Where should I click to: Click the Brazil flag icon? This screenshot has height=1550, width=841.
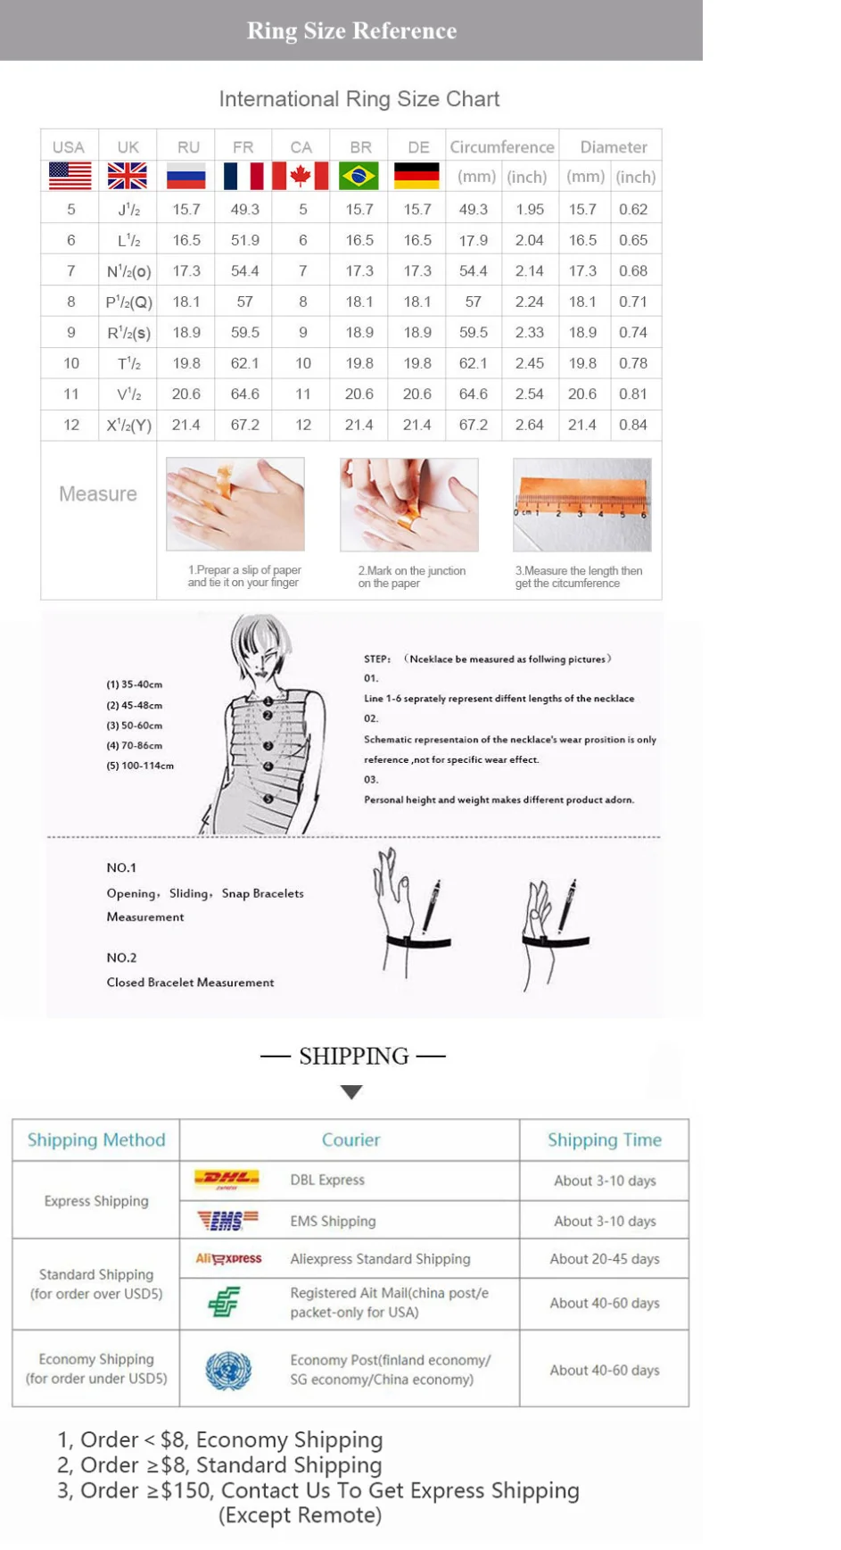pyautogui.click(x=359, y=176)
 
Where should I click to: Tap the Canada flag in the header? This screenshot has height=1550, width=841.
pyautogui.click(x=301, y=176)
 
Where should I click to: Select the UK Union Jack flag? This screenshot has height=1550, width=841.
pyautogui.click(x=128, y=176)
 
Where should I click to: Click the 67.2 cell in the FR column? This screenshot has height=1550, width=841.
pyautogui.click(x=244, y=425)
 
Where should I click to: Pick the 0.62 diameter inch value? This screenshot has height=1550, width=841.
pyautogui.click(x=633, y=209)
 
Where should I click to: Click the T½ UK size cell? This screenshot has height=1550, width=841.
pyautogui.click(x=128, y=363)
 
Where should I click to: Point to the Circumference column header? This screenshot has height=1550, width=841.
pyautogui.click(x=501, y=147)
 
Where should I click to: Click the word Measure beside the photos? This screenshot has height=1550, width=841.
pyautogui.click(x=98, y=493)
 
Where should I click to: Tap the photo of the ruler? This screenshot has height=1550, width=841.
pyautogui.click(x=581, y=504)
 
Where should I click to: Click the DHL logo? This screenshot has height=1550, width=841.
pyautogui.click(x=227, y=1180)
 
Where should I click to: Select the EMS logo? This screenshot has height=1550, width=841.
pyautogui.click(x=227, y=1220)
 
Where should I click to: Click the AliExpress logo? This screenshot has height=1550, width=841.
pyautogui.click(x=228, y=1258)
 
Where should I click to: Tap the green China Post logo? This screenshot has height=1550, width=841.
pyautogui.click(x=224, y=1302)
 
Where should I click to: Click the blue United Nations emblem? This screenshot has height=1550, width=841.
pyautogui.click(x=228, y=1370)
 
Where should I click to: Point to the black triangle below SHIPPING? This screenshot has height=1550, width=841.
pyautogui.click(x=351, y=1091)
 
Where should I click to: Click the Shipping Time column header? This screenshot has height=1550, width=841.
pyautogui.click(x=604, y=1140)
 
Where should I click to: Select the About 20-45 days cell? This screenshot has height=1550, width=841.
pyautogui.click(x=604, y=1258)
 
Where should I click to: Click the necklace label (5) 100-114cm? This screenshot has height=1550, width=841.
pyautogui.click(x=140, y=766)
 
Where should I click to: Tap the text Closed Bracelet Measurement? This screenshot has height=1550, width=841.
pyautogui.click(x=190, y=982)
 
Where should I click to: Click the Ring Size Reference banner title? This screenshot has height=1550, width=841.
pyautogui.click(x=351, y=30)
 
